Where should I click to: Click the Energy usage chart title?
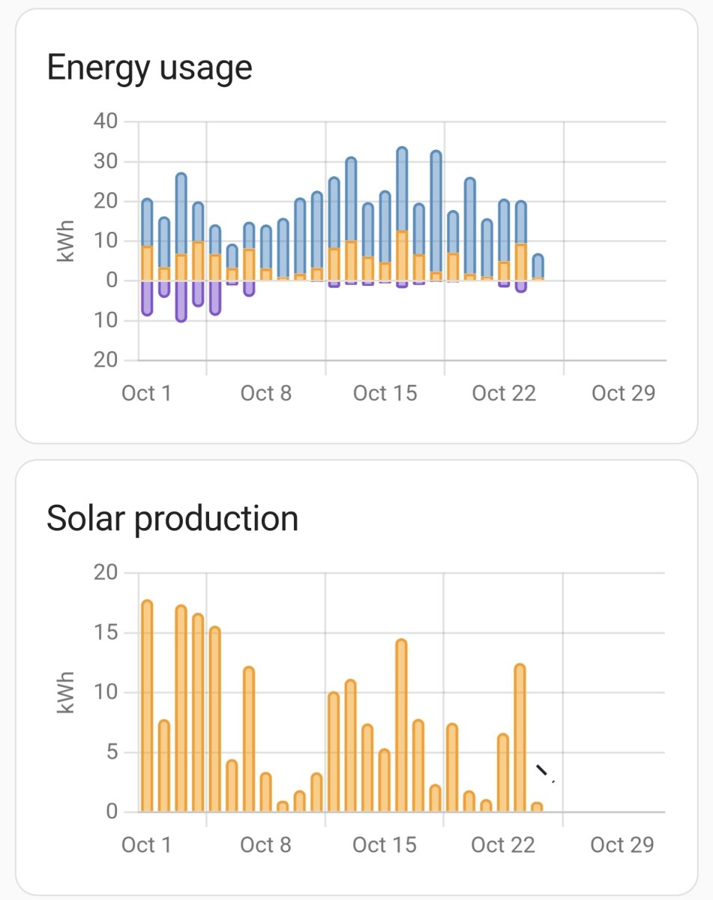click(x=149, y=68)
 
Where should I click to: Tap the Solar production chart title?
click(x=172, y=518)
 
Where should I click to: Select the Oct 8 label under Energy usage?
click(x=266, y=393)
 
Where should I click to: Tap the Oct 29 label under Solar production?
click(x=622, y=845)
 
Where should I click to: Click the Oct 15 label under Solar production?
click(x=384, y=845)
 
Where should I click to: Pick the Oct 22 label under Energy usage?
click(x=504, y=393)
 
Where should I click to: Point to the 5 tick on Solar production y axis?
click(x=111, y=752)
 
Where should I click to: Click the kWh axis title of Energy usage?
click(x=67, y=241)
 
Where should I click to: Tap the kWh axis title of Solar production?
click(x=67, y=692)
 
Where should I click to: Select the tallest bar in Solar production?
click(x=147, y=705)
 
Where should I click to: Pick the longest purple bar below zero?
click(x=181, y=301)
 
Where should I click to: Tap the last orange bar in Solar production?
click(x=537, y=807)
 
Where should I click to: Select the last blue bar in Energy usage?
click(x=538, y=266)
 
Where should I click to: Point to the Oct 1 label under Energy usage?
click(x=146, y=393)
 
